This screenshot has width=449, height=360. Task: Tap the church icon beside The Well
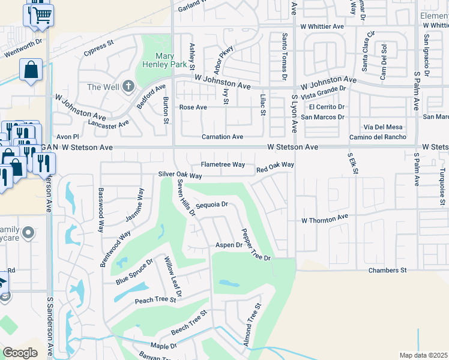127,87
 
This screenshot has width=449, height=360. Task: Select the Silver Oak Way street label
180,175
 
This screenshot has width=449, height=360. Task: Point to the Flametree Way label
223,164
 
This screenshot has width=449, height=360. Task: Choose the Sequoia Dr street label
212,205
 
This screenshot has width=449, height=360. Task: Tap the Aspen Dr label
229,245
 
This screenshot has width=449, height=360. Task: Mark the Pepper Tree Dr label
255,244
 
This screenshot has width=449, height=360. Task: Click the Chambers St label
387,271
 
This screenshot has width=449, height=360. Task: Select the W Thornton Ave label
325,220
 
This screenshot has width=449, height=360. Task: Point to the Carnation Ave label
222,137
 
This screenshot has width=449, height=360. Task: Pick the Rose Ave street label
193,107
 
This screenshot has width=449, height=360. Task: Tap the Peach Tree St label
155,301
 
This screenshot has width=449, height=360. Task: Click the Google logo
20,352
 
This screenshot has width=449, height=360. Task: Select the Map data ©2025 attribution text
423,355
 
